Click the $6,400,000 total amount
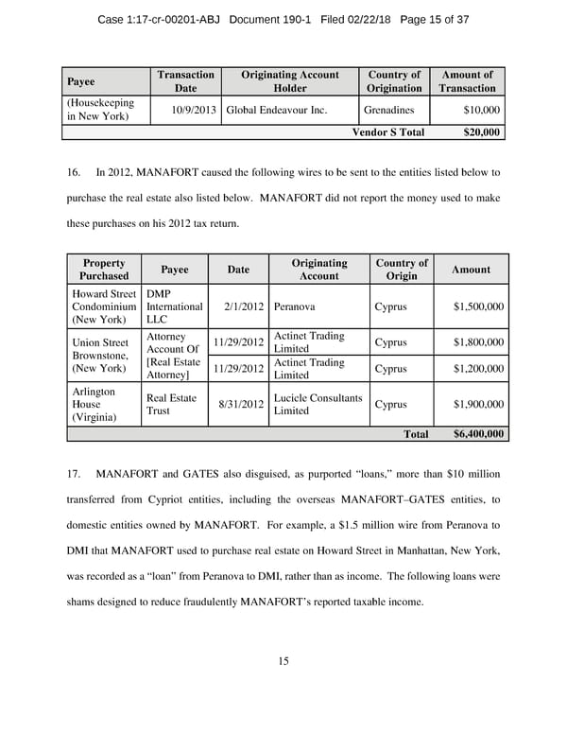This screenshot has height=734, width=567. click(x=479, y=434)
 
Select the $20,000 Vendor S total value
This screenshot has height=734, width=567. click(x=482, y=132)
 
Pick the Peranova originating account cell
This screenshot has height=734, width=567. click(x=296, y=307)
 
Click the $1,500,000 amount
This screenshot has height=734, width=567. click(x=479, y=307)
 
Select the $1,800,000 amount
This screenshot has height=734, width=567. click(x=479, y=342)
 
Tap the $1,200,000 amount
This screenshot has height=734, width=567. click(x=479, y=369)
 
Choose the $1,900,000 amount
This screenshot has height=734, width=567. click(x=479, y=404)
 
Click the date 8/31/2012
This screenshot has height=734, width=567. click(x=238, y=404)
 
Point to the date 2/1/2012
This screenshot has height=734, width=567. click(x=242, y=307)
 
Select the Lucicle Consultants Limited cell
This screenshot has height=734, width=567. click(x=318, y=404)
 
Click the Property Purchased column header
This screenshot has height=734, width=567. click(x=104, y=270)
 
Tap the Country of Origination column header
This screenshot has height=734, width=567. click(x=394, y=81)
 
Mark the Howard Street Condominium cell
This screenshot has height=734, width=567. click(x=104, y=307)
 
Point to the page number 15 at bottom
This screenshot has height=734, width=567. click(x=283, y=661)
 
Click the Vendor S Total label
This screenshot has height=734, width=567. click(x=387, y=132)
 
